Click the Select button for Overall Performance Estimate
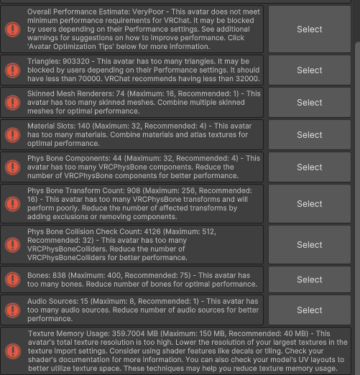[310, 29]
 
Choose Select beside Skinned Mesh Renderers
[310, 103]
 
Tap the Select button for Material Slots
[310, 135]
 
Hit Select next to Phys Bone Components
[310, 167]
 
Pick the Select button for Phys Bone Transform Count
[310, 204]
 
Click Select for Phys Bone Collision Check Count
[310, 245]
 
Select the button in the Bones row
[310, 279]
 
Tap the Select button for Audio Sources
[310, 310]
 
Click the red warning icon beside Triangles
[12, 70]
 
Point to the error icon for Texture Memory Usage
[12, 351]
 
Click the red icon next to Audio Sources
[12, 310]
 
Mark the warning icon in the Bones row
[12, 279]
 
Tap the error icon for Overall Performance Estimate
[12, 29]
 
